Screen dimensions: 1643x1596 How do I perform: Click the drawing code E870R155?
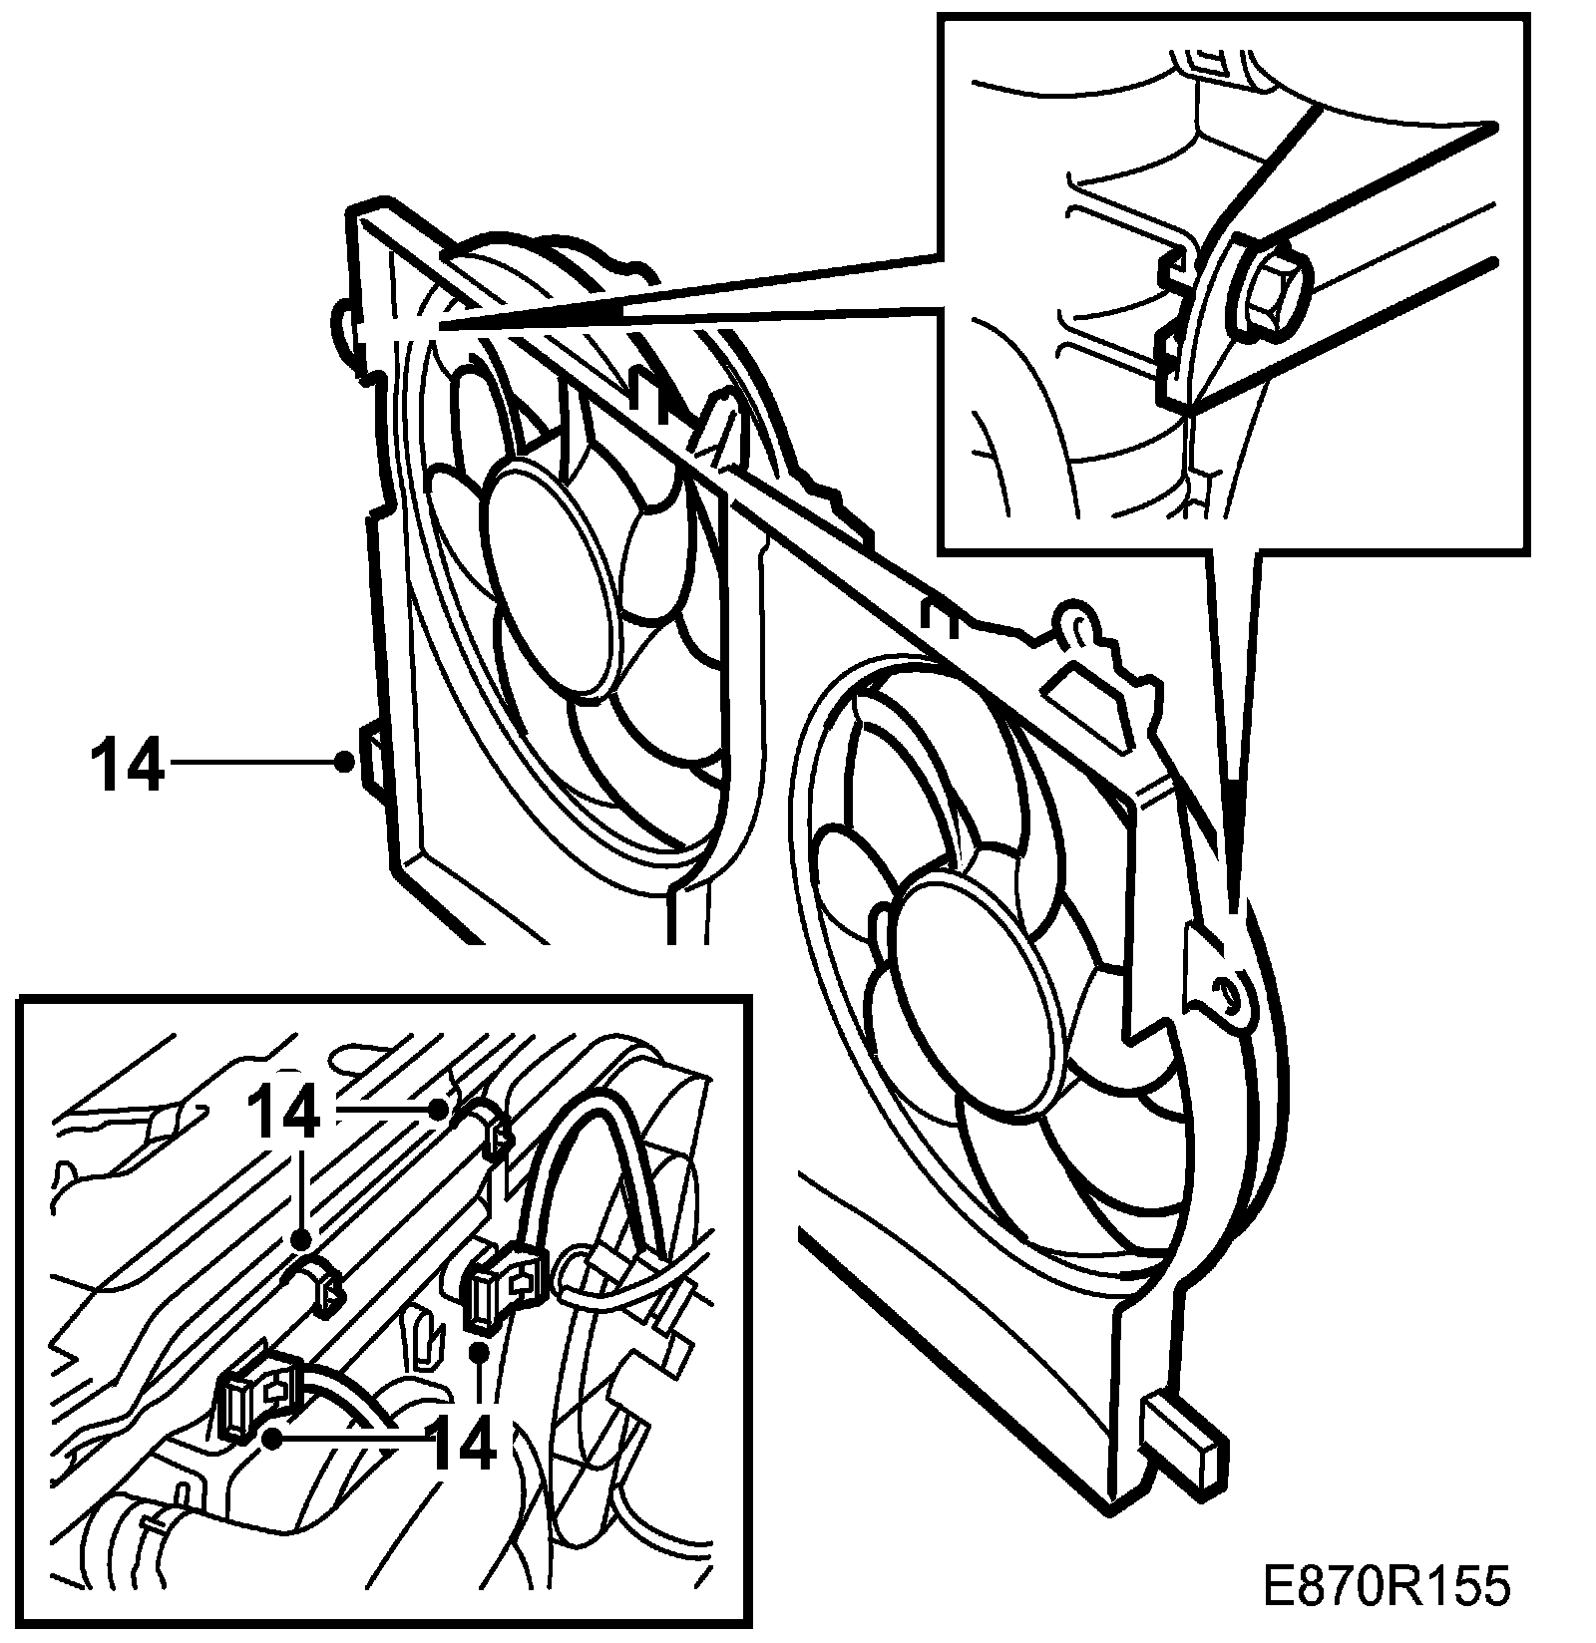click(x=1386, y=1586)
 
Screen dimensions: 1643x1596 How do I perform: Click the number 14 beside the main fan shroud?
click(x=126, y=765)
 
